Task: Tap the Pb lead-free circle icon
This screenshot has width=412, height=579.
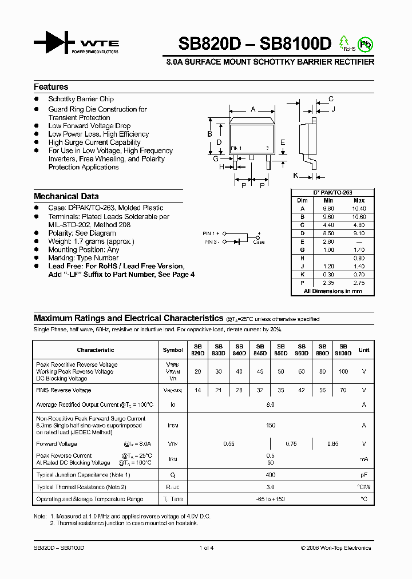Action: click(x=365, y=43)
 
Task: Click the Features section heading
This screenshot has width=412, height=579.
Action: click(x=51, y=87)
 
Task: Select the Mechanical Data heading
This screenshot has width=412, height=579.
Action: click(x=66, y=196)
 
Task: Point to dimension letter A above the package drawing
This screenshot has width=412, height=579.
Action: click(x=253, y=109)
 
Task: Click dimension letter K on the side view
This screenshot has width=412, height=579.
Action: click(x=296, y=175)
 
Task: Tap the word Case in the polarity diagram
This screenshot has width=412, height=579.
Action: click(x=259, y=243)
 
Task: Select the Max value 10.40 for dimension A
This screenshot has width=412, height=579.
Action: click(x=359, y=209)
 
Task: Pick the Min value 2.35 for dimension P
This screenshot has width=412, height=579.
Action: click(x=328, y=283)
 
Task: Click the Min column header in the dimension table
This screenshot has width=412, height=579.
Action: click(x=328, y=200)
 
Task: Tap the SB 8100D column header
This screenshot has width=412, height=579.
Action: click(x=343, y=350)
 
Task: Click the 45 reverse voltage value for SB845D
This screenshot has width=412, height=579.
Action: click(x=260, y=371)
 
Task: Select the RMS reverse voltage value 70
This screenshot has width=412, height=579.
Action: click(x=343, y=390)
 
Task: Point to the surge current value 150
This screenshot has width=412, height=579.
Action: click(x=271, y=425)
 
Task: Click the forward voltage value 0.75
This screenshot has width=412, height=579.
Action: click(x=291, y=443)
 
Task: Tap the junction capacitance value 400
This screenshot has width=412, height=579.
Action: click(x=271, y=475)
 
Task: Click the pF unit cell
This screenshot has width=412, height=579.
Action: click(x=363, y=475)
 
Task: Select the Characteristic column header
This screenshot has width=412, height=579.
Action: click(x=96, y=350)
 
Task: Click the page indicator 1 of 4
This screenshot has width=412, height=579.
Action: click(x=206, y=548)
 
